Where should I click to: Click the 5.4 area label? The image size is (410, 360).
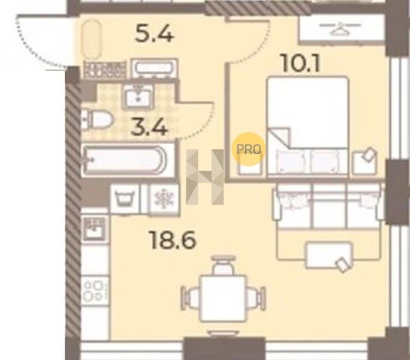coord(154,35)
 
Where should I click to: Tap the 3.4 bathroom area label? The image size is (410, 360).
coord(149,128)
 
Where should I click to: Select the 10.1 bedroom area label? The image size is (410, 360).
coord(300,64)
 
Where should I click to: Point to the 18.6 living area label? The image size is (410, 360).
coord(173,241)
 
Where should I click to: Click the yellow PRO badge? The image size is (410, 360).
coord(249,149)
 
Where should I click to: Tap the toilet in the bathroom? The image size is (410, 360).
coord(97,120)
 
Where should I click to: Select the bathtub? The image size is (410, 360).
coord(128,160)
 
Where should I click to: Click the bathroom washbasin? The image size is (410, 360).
coord(138,96)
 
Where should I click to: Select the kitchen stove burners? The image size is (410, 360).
coord(95,291)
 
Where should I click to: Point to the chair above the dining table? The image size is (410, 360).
coord(222,265)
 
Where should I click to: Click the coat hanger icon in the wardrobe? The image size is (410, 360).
coord(340,29)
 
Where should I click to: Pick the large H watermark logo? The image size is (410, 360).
coord(205,177)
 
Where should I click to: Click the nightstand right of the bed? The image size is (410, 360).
coord(364,162)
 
